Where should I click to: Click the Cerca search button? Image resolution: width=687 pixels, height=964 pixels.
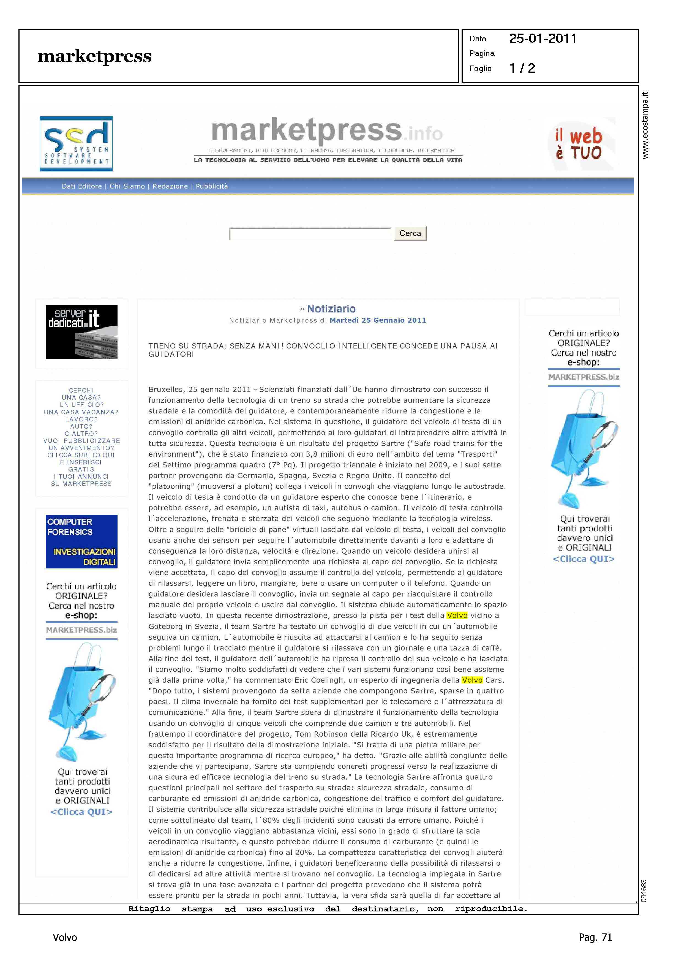410,233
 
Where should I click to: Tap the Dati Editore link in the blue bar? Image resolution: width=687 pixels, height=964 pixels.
82,186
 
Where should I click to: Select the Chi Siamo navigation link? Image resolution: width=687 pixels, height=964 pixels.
127,186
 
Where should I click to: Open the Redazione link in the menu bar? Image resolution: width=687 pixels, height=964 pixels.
170,186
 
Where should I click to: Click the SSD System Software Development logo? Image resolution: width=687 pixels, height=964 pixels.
76,144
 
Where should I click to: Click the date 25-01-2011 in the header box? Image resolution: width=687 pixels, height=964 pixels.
543,39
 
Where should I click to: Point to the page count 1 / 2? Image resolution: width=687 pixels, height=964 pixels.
522,68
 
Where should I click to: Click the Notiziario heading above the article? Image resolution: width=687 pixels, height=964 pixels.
331,309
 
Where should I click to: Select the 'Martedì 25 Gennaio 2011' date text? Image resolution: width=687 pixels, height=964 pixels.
378,320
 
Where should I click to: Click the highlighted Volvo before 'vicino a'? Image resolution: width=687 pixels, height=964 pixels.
457,616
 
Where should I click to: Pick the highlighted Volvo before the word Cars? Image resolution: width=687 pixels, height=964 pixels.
472,680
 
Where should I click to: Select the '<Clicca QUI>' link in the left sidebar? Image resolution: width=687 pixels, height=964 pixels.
81,812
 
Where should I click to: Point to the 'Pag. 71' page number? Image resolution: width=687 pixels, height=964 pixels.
595,937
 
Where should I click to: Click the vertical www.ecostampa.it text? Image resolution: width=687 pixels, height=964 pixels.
645,125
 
